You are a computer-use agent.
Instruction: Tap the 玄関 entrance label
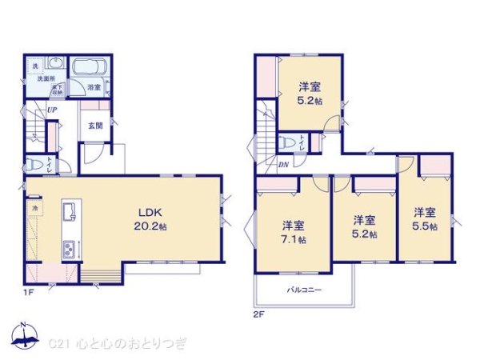[95, 126]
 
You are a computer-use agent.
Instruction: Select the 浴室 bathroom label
[94, 86]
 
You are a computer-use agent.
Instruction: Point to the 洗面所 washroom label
[43, 78]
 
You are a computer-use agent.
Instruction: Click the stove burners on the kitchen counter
[69, 248]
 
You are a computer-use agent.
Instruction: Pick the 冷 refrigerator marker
[35, 209]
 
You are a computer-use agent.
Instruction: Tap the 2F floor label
[257, 314]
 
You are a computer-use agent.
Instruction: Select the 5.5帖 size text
[426, 227]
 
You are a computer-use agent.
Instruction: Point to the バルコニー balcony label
[305, 290]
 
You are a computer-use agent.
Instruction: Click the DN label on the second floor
[283, 166]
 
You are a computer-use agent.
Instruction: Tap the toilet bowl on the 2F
[286, 144]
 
